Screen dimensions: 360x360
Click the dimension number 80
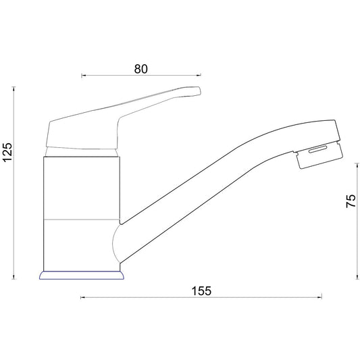pos(140,69)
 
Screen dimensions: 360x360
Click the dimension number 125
pos(7,153)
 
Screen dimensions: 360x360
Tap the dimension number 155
pos(201,291)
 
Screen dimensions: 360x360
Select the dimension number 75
pos(351,201)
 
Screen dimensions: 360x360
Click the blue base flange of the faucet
pos(82,276)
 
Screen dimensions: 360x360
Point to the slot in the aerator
pos(317,149)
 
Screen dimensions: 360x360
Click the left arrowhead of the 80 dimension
pos(83,75)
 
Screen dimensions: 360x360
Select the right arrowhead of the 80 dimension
pos(199,75)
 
